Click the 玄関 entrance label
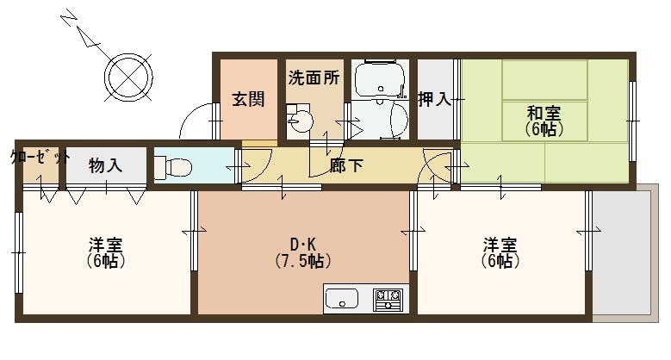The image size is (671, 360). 248,99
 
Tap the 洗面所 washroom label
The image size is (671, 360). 314,78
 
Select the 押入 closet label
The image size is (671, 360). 434,99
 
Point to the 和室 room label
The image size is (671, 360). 544,113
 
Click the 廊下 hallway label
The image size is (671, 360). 346,164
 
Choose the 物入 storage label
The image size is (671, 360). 105,165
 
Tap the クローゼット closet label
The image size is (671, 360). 40,157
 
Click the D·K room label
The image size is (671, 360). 303,245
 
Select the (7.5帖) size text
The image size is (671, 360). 303,261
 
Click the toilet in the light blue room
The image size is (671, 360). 172,167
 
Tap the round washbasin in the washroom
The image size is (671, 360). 301,121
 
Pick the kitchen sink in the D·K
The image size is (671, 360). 341,298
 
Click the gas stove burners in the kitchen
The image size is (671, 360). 388,299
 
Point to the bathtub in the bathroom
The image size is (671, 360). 380,80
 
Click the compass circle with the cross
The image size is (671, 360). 128,78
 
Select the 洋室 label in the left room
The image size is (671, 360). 106,245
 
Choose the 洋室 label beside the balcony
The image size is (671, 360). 500,245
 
